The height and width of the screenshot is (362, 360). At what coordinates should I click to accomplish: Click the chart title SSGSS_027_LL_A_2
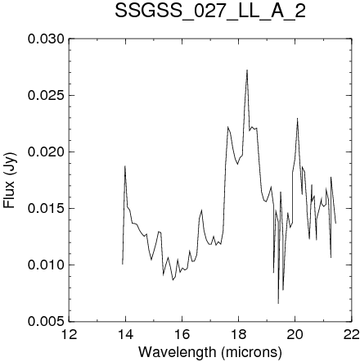210,11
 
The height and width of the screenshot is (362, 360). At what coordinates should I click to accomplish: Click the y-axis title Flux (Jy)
10,180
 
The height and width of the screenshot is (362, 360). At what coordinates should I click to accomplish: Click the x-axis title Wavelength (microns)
210,352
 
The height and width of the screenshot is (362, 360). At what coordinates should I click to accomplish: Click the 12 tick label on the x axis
69,334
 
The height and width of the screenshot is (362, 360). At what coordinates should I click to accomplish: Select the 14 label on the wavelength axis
125,334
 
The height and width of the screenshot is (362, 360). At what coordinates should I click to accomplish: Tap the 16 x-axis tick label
182,334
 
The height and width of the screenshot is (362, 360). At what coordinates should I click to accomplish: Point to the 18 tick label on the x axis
238,334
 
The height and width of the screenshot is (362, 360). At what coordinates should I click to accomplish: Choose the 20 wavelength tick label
295,334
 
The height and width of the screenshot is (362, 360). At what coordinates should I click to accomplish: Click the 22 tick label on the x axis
351,334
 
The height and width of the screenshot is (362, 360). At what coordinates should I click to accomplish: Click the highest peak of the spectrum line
247,70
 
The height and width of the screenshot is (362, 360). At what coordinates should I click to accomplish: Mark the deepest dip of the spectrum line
278,303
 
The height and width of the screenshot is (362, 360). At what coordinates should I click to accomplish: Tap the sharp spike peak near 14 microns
125,166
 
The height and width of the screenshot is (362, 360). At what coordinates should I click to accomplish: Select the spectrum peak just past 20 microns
297,118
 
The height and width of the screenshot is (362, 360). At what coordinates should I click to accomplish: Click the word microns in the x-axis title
252,352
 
